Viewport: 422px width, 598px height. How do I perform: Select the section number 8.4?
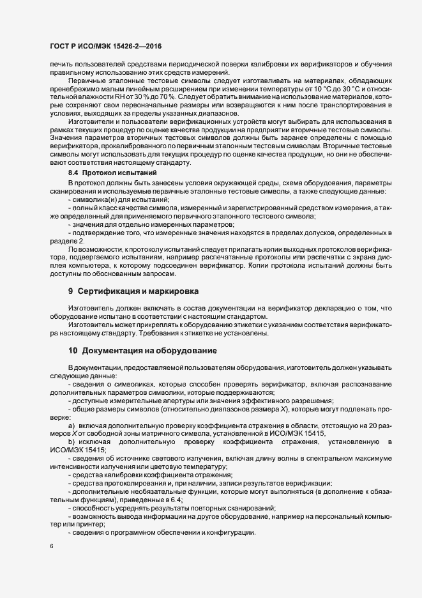click(73, 173)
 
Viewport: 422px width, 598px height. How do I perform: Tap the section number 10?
click(73, 350)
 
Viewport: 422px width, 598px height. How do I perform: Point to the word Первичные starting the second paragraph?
click(87, 81)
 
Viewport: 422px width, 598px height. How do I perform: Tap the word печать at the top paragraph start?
click(60, 65)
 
